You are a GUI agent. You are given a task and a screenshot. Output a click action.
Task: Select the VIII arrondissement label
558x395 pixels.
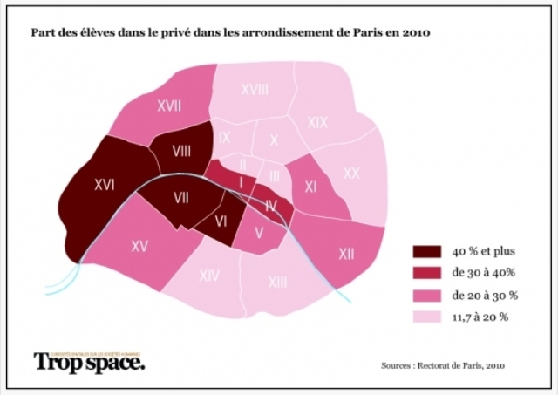click(181, 151)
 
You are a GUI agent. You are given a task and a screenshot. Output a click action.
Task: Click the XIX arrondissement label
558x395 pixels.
click(317, 123)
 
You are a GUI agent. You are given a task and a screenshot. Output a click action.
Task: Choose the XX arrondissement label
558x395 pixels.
click(350, 174)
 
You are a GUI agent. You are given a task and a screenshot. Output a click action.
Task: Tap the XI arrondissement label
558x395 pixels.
click(310, 187)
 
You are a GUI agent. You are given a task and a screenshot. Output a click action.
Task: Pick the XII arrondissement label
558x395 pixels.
click(346, 254)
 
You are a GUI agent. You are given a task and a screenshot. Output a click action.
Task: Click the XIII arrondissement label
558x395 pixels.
click(277, 281)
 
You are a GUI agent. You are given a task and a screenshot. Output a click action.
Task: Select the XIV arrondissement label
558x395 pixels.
click(208, 276)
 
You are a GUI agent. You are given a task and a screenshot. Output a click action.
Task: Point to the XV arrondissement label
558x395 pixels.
click(139, 247)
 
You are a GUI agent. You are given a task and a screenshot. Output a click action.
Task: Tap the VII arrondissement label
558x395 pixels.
click(181, 197)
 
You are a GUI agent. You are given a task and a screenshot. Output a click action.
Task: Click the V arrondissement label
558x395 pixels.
click(258, 233)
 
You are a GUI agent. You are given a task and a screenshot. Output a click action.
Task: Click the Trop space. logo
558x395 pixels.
click(90, 361)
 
